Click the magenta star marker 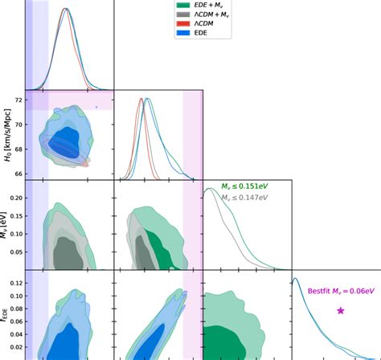(x=341, y=310)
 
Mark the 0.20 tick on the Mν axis (x=14, y=195)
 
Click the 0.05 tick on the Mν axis (x=14, y=252)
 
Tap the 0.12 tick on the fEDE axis (x=14, y=284)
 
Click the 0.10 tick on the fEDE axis (x=14, y=297)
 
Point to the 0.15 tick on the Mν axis (x=14, y=215)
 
